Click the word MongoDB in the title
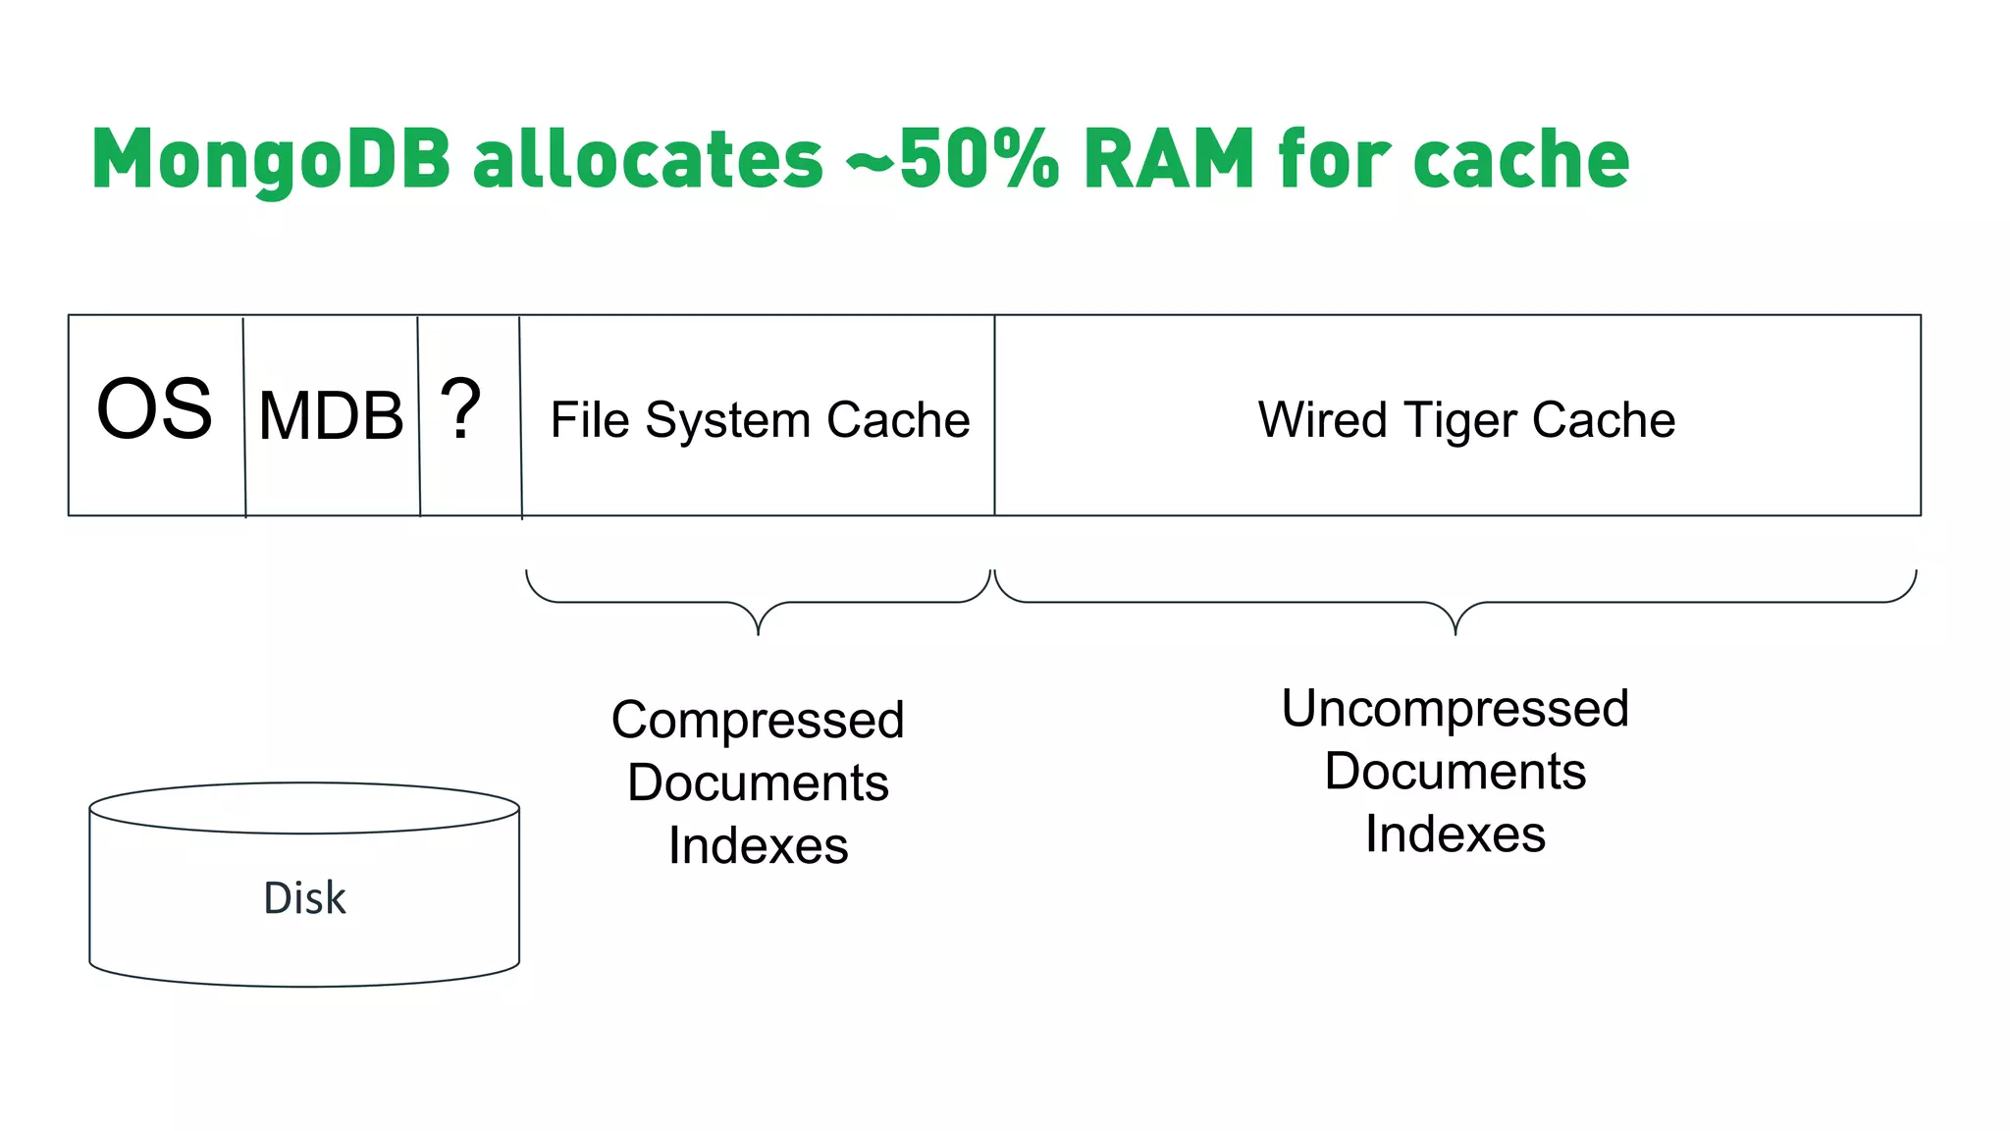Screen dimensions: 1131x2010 pos(271,160)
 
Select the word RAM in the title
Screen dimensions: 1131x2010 pos(1169,160)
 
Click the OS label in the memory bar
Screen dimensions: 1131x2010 pos(154,409)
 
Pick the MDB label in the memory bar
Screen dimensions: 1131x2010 pos(331,416)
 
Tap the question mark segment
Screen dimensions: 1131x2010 pos(460,409)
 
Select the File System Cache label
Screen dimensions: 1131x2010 pos(760,420)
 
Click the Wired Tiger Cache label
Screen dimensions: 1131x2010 pos(1466,420)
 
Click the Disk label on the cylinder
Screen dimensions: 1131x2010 pos(304,898)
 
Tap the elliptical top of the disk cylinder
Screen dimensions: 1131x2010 pos(304,808)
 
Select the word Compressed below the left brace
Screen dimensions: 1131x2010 pos(758,720)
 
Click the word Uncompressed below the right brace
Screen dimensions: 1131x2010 pos(1455,708)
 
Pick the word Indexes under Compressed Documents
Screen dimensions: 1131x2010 pos(758,845)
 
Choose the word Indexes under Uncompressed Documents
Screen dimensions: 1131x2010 pos(1455,834)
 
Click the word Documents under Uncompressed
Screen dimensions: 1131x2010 pos(1455,771)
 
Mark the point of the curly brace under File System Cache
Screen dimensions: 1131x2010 pos(758,631)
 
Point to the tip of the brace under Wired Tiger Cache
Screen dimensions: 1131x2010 pos(1455,631)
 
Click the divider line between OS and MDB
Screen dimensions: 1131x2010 pos(244,416)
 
